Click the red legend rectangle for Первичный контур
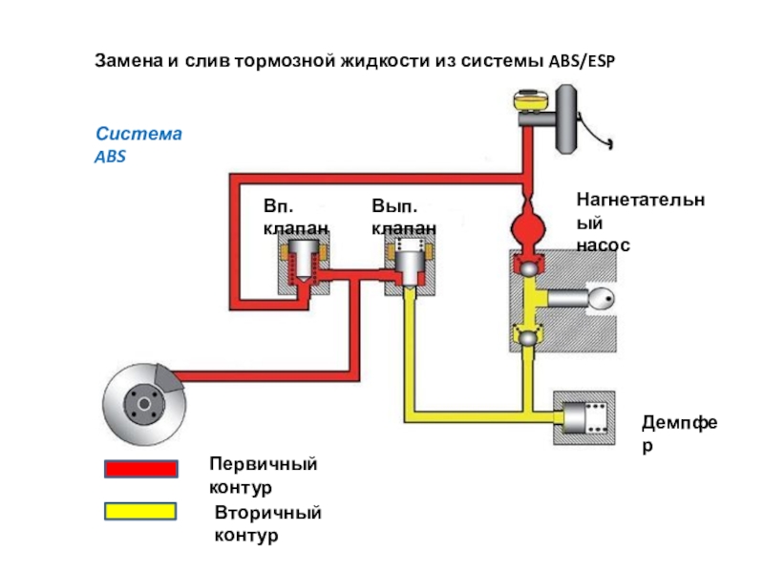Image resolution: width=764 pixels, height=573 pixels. [140, 469]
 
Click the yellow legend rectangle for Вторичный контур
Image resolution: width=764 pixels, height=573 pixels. [140, 512]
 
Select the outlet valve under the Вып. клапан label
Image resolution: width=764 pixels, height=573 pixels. [411, 264]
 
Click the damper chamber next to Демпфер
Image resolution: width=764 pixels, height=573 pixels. [584, 418]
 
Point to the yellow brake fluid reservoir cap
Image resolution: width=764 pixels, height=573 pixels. [526, 99]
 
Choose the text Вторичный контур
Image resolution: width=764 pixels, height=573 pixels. [267, 524]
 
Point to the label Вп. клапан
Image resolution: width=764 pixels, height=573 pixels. [296, 218]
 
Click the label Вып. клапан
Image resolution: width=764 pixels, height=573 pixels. [404, 218]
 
